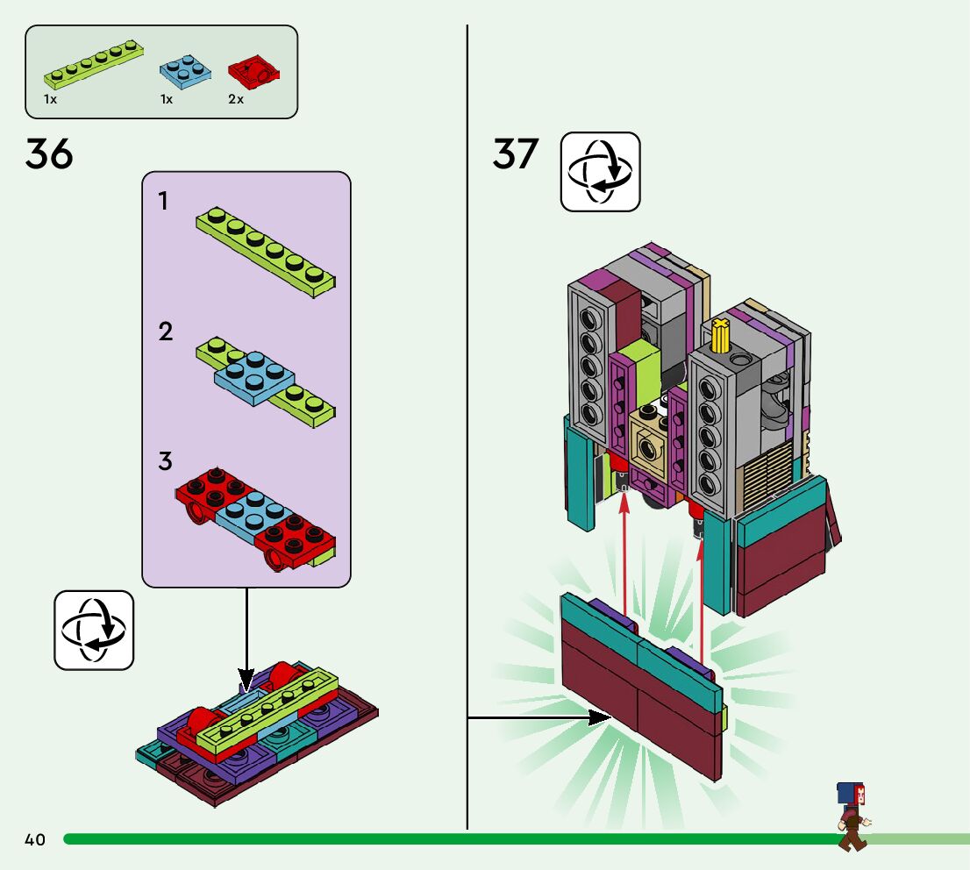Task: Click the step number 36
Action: tap(49, 155)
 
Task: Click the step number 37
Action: tap(515, 154)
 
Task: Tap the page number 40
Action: tap(35, 840)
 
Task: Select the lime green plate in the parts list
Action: tap(94, 66)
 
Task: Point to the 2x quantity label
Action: tap(236, 100)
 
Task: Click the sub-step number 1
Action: tap(163, 202)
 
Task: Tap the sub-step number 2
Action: tap(166, 332)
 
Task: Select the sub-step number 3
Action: tap(166, 460)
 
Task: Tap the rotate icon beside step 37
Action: tap(600, 172)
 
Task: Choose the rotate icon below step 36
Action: tap(94, 630)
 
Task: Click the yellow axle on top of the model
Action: tap(721, 336)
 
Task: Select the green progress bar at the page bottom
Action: tap(439, 839)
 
